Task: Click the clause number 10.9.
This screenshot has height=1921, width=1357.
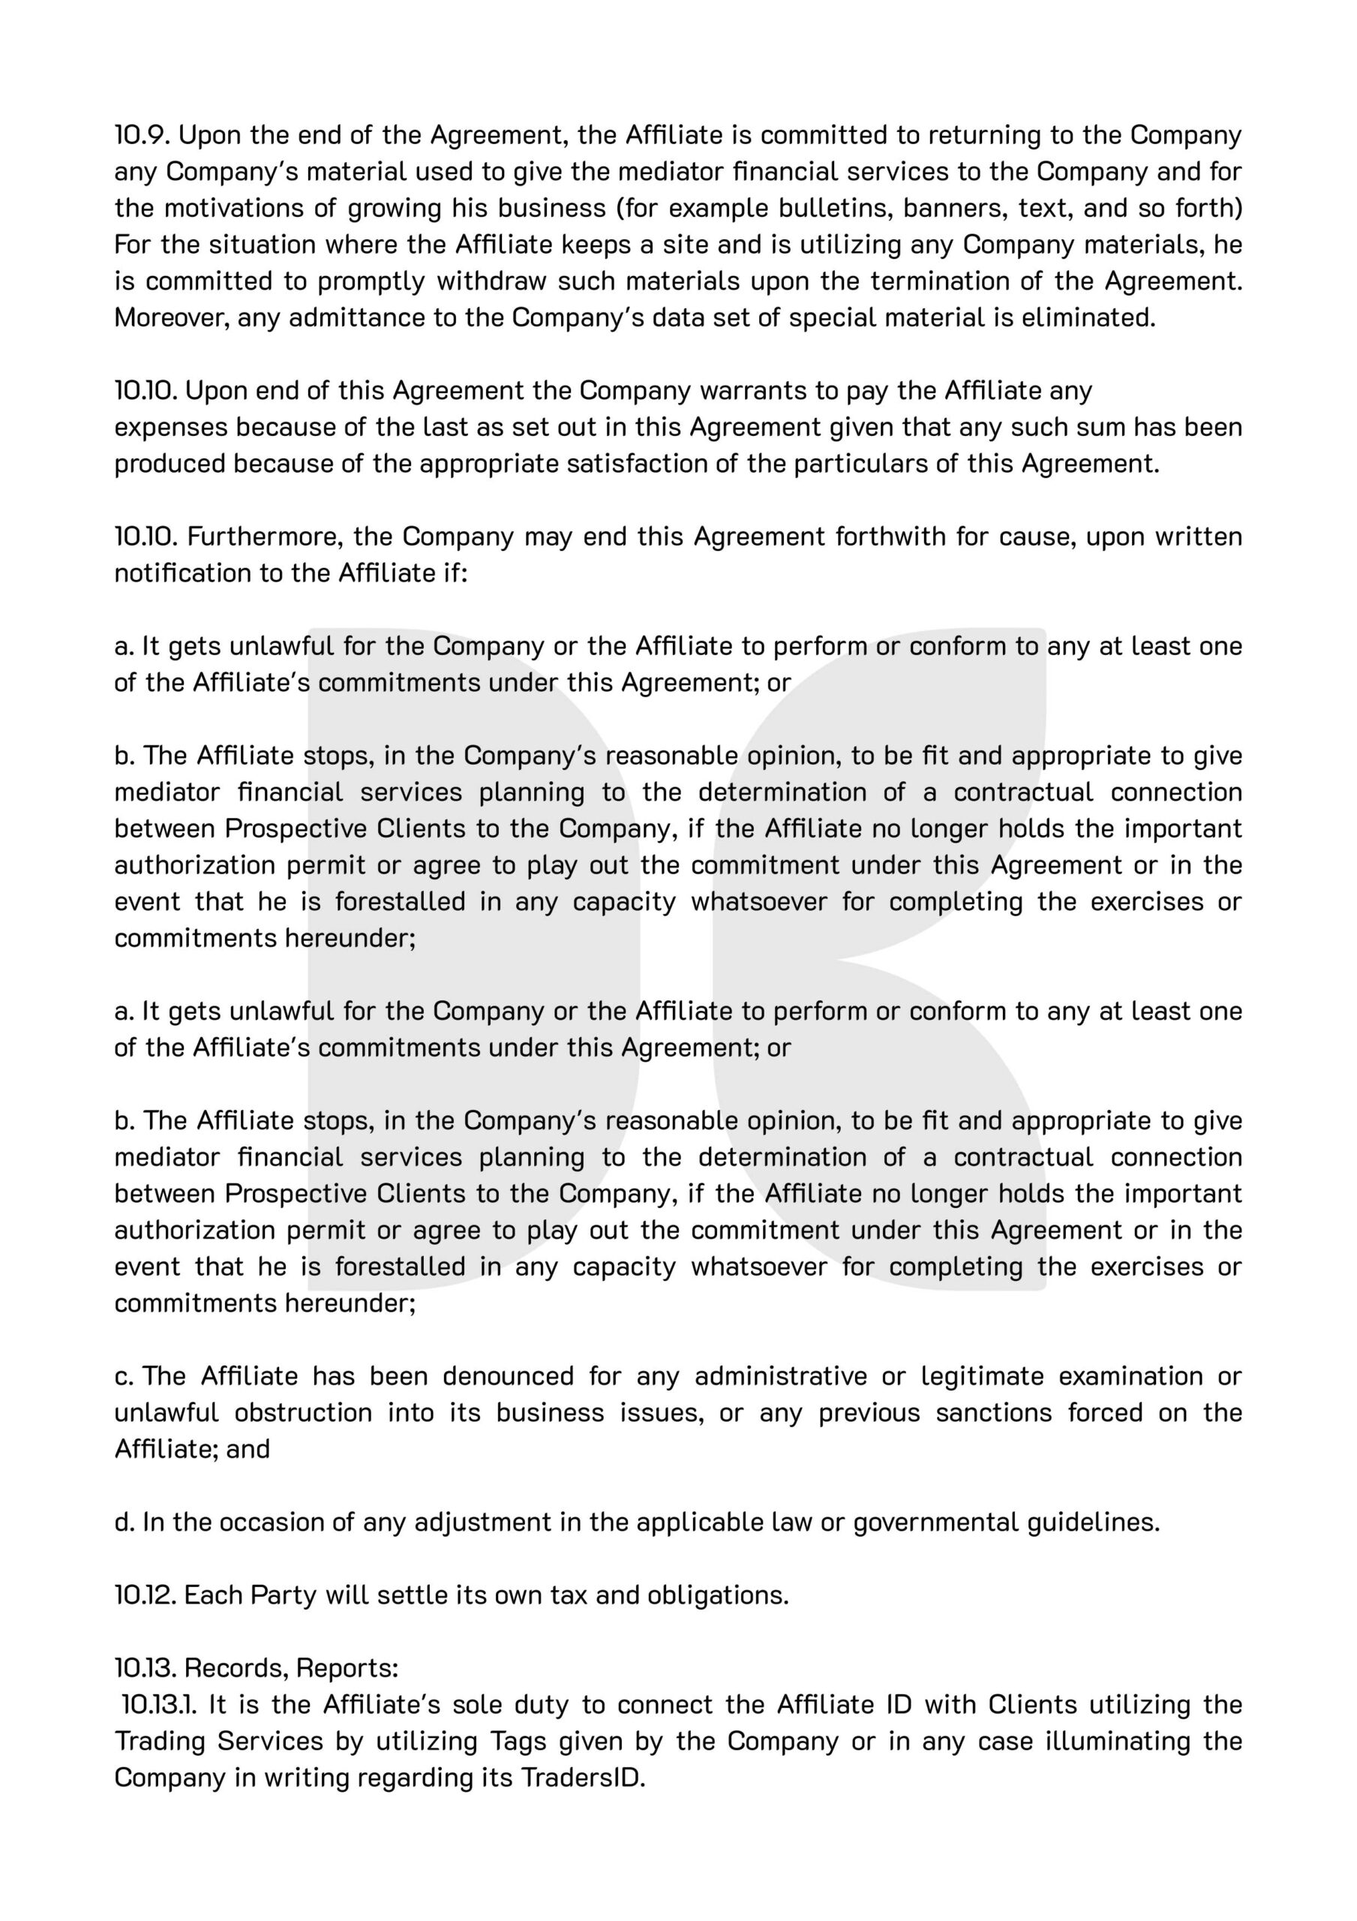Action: point(143,135)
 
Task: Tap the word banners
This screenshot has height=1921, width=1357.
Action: point(953,208)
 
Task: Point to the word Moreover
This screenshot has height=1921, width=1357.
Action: point(170,318)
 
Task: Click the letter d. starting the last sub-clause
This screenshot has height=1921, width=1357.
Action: point(125,1522)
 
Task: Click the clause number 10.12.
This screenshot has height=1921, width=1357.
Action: point(145,1595)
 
